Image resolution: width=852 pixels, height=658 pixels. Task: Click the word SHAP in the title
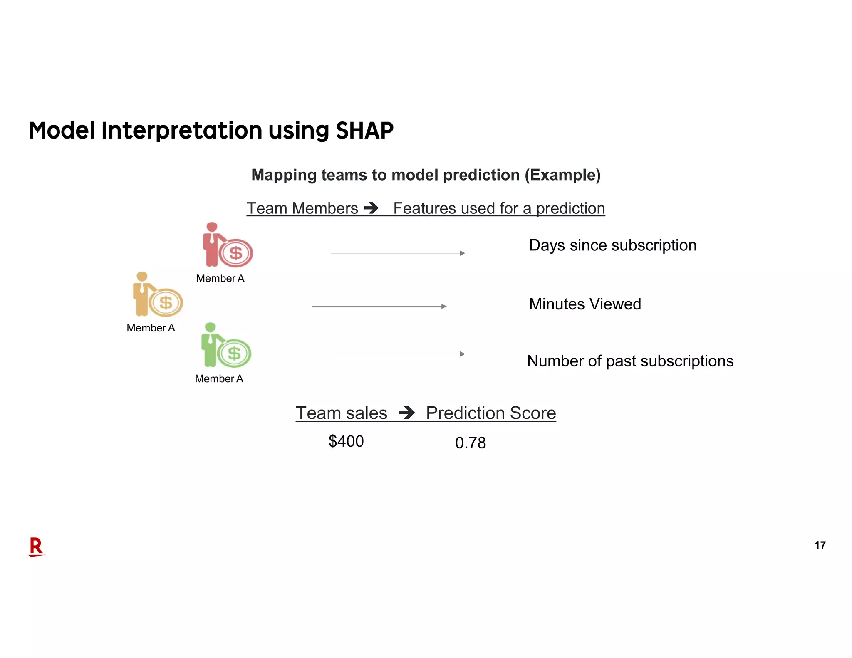(364, 131)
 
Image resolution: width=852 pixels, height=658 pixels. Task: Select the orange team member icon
(143, 294)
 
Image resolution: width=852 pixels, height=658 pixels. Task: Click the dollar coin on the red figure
(236, 253)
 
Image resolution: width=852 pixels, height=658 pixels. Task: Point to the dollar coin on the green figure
(234, 354)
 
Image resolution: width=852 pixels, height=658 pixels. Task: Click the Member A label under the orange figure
(151, 328)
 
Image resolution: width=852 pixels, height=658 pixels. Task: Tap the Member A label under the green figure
(219, 379)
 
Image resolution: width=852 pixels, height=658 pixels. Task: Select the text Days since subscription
(612, 245)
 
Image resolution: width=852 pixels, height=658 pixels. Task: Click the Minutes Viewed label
(585, 304)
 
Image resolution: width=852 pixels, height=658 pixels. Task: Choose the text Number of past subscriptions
(630, 361)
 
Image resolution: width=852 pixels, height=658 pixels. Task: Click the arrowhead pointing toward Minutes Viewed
(444, 307)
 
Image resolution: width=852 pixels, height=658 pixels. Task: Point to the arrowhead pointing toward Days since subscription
(462, 253)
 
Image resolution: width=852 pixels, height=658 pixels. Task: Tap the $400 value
(346, 441)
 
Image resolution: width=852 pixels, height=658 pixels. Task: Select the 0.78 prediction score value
(470, 443)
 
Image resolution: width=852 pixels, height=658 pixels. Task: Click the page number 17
(820, 545)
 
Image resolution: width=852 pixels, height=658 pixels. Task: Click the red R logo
(36, 547)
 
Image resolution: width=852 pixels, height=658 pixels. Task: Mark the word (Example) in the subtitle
(562, 175)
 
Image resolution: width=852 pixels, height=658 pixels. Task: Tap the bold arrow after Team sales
(406, 413)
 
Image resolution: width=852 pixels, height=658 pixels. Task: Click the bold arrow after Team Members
(371, 208)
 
